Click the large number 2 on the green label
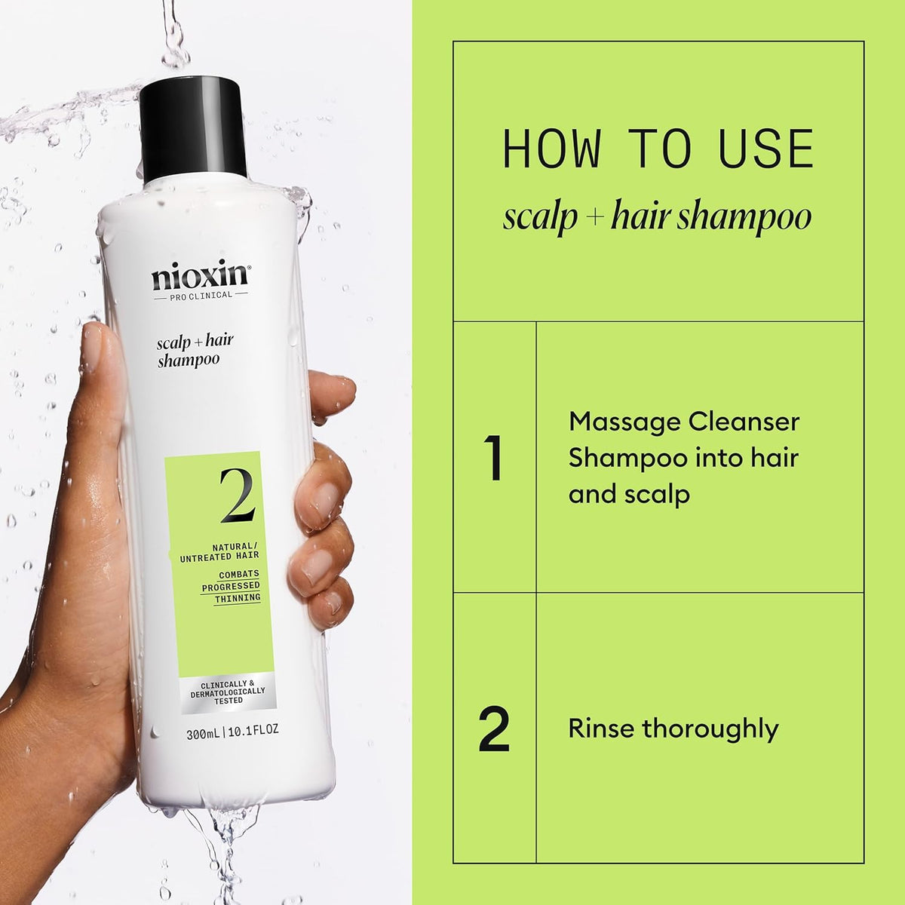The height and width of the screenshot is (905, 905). point(237,495)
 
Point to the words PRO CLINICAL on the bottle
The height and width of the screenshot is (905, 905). point(200,295)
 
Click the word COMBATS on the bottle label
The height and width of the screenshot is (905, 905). point(239,574)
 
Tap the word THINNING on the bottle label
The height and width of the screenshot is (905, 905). point(238,598)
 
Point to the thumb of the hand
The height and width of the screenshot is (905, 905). point(102,377)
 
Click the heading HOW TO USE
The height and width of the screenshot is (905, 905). point(658,149)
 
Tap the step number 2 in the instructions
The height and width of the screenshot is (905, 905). point(494,729)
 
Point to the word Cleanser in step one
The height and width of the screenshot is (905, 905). point(743,422)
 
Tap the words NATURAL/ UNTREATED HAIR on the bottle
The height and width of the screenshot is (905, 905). point(219,551)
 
